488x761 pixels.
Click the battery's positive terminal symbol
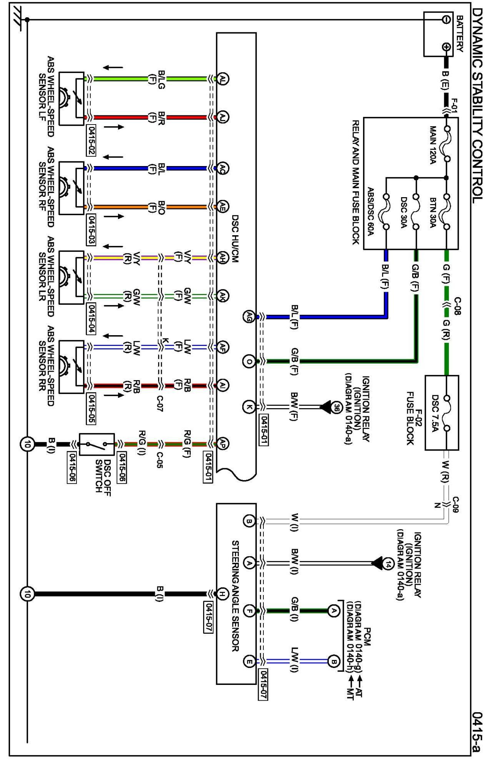point(446,47)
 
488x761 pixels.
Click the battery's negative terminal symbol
point(446,20)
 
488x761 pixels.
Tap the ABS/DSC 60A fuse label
point(371,211)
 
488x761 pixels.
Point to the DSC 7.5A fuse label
point(435,414)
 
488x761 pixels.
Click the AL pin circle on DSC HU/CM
point(223,79)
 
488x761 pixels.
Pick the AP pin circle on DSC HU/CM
point(223,444)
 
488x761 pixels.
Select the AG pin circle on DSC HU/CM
point(249,317)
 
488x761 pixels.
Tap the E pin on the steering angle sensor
point(249,661)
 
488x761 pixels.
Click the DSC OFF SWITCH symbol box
point(97,445)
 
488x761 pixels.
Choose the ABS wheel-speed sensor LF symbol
point(71,98)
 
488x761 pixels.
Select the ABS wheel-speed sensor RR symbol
point(71,367)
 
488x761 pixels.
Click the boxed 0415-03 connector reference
point(92,229)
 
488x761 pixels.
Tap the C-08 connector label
point(458,306)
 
